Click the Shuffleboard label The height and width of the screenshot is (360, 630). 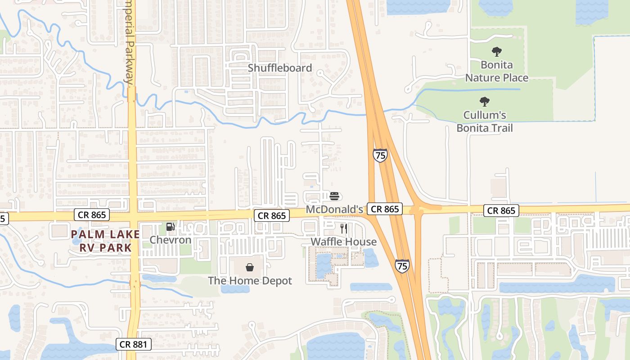[280, 68]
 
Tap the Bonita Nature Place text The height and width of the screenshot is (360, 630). [497, 71]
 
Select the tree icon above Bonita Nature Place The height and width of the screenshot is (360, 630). [497, 52]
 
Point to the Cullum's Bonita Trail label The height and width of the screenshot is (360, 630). [485, 121]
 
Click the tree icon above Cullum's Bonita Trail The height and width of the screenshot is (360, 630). [485, 102]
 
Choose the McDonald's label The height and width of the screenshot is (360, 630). [334, 209]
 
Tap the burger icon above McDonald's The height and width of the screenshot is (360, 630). [334, 196]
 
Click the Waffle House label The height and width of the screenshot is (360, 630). [344, 242]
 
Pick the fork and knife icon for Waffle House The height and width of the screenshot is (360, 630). [344, 229]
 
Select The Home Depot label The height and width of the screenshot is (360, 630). [250, 280]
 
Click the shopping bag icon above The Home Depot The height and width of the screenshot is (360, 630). [250, 267]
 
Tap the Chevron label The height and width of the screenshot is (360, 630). [171, 240]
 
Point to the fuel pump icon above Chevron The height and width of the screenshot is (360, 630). [171, 227]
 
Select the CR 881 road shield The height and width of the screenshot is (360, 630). [133, 345]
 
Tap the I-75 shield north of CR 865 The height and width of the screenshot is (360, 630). [380, 156]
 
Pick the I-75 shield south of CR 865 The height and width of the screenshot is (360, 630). [402, 266]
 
